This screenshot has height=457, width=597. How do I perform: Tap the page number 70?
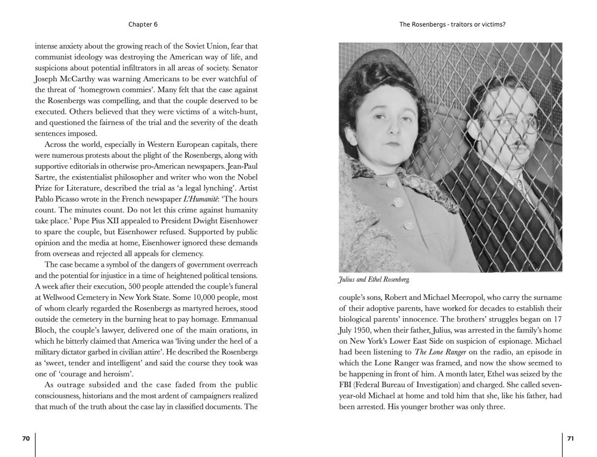pyautogui.click(x=26, y=439)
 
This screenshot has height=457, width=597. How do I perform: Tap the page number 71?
pyautogui.click(x=570, y=439)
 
